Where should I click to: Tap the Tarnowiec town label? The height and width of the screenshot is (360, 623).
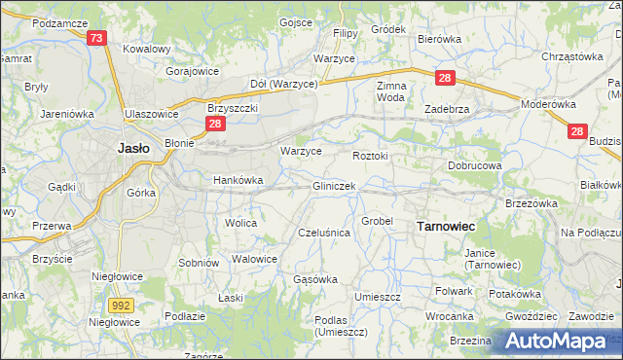445,226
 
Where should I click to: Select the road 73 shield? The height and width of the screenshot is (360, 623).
95,38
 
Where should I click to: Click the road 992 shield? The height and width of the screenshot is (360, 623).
121,306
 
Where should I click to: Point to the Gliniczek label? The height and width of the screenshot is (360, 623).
334,186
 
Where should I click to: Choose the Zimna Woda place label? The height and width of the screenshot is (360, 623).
390,91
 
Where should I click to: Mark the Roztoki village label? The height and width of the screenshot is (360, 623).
370,155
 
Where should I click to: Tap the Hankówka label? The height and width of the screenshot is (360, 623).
238,180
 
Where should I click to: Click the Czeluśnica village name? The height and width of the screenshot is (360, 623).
323,234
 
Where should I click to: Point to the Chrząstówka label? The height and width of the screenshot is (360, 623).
572,56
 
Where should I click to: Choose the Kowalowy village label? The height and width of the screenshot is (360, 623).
147,48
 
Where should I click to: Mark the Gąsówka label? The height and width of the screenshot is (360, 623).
315,279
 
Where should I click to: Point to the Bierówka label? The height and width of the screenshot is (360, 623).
438,39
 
